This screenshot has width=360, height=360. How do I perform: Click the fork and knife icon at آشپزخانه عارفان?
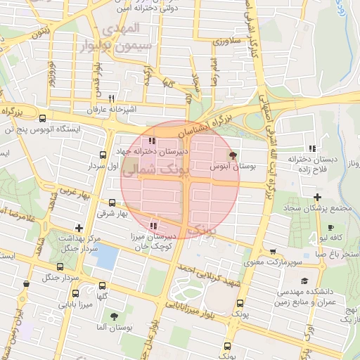click(112, 99)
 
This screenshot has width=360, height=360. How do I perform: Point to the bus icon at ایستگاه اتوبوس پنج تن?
click(44, 118)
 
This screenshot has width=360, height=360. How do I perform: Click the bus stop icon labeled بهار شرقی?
click(110, 202)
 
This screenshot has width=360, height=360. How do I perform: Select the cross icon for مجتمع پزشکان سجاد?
click(318, 196)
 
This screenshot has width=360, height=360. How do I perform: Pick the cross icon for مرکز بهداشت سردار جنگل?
click(79, 228)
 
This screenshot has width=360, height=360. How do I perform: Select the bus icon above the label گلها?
click(103, 285)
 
